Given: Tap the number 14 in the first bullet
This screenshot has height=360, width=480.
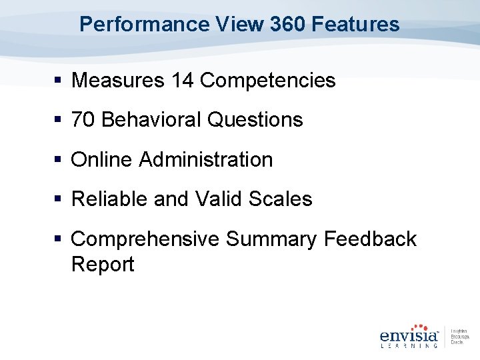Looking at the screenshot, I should pyautogui.click(x=183, y=81).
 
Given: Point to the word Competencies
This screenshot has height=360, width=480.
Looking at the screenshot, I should pyautogui.click(x=268, y=81).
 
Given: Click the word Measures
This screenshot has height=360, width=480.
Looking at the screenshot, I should pyautogui.click(x=117, y=81).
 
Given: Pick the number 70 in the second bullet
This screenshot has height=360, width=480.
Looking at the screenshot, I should pyautogui.click(x=83, y=120).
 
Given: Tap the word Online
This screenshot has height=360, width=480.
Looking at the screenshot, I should pyautogui.click(x=102, y=160).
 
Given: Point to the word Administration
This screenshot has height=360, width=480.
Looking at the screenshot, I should pyautogui.click(x=206, y=160).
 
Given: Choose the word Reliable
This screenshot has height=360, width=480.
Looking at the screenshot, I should pyautogui.click(x=110, y=199).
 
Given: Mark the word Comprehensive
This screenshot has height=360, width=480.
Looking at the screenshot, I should pyautogui.click(x=145, y=239).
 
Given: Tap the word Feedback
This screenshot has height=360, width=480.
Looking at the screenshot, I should pyautogui.click(x=370, y=239).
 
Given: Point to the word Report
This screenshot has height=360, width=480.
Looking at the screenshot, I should pyautogui.click(x=103, y=264).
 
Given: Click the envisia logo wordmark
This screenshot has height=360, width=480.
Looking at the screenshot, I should pyautogui.click(x=409, y=335).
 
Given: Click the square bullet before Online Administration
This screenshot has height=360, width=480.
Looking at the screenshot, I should pyautogui.click(x=59, y=160).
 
